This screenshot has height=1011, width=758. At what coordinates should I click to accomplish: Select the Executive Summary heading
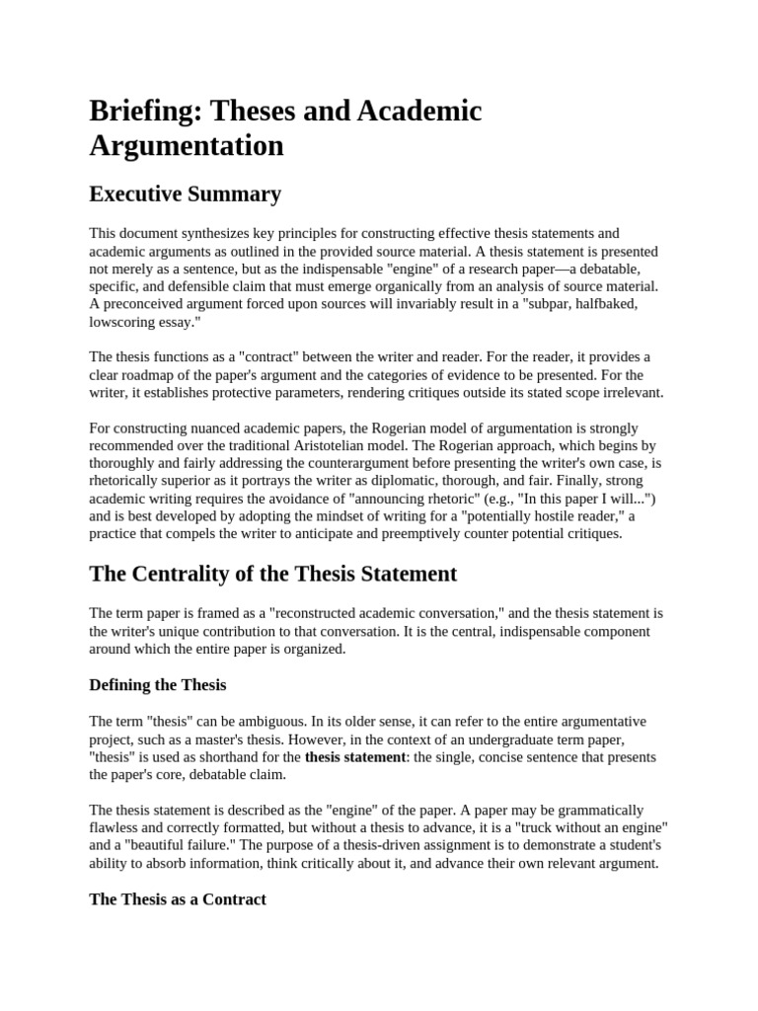coord(185,194)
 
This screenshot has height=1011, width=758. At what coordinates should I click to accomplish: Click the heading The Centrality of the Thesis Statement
coord(272,574)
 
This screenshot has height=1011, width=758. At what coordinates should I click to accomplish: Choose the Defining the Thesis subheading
coord(158,684)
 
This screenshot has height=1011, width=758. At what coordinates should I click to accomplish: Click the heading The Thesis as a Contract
coord(178,899)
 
